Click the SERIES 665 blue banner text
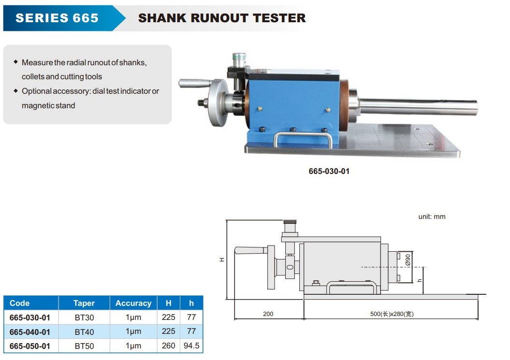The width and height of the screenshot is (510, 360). pyautogui.click(x=57, y=18)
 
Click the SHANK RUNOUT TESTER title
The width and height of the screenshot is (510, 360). pyautogui.click(x=222, y=18)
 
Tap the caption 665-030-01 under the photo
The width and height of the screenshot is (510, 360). pyautogui.click(x=329, y=171)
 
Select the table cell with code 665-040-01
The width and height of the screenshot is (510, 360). pyautogui.click(x=30, y=332)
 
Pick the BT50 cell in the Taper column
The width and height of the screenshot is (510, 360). pyautogui.click(x=84, y=346)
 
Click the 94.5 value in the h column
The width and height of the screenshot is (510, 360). pyautogui.click(x=191, y=346)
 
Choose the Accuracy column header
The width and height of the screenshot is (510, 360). pyautogui.click(x=133, y=303)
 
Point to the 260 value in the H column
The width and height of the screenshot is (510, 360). pyautogui.click(x=169, y=346)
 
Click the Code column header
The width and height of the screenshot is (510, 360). pyautogui.click(x=19, y=303)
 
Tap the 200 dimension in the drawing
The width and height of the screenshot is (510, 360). pyautogui.click(x=268, y=314)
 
